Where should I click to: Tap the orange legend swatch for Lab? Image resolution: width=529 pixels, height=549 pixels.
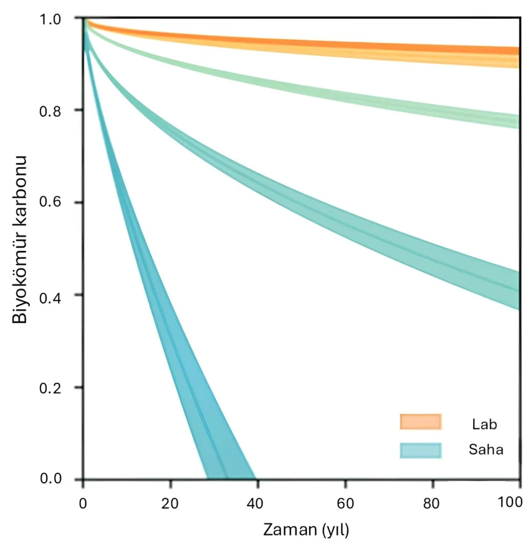[420, 422]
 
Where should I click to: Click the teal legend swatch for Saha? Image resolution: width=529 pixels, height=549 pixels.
[420, 450]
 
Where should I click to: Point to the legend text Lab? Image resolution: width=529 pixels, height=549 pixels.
[484, 424]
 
